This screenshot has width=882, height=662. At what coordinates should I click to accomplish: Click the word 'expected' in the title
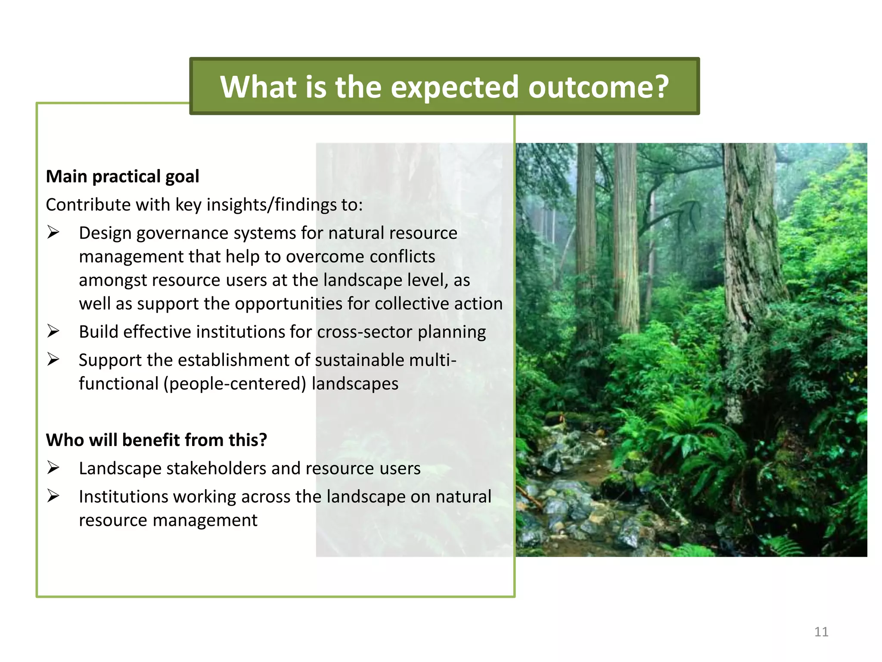point(454,87)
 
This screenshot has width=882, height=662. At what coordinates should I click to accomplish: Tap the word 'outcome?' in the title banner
point(599,87)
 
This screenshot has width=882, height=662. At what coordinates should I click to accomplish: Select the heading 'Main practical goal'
point(122,176)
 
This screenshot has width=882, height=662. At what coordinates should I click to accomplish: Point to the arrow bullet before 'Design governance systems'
point(53,233)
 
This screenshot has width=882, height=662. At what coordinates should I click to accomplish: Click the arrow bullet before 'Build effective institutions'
point(53,331)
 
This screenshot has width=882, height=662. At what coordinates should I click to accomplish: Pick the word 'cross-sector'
point(364,332)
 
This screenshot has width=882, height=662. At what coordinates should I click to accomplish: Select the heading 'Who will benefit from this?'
point(156,440)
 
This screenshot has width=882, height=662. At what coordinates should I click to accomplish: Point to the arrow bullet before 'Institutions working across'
point(53,496)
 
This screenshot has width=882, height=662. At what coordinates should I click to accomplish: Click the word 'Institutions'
point(123,497)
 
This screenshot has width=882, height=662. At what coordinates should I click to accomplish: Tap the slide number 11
point(821,632)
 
